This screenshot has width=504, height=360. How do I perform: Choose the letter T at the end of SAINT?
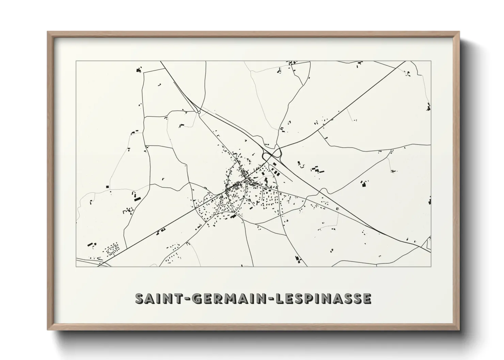[x=180, y=298]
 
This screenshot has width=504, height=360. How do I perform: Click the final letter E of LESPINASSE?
[x=366, y=298]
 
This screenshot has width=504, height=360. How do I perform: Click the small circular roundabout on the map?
[x=199, y=112]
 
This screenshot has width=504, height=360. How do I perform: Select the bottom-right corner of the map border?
[x=431, y=266]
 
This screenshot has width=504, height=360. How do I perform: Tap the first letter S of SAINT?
[x=140, y=298]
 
